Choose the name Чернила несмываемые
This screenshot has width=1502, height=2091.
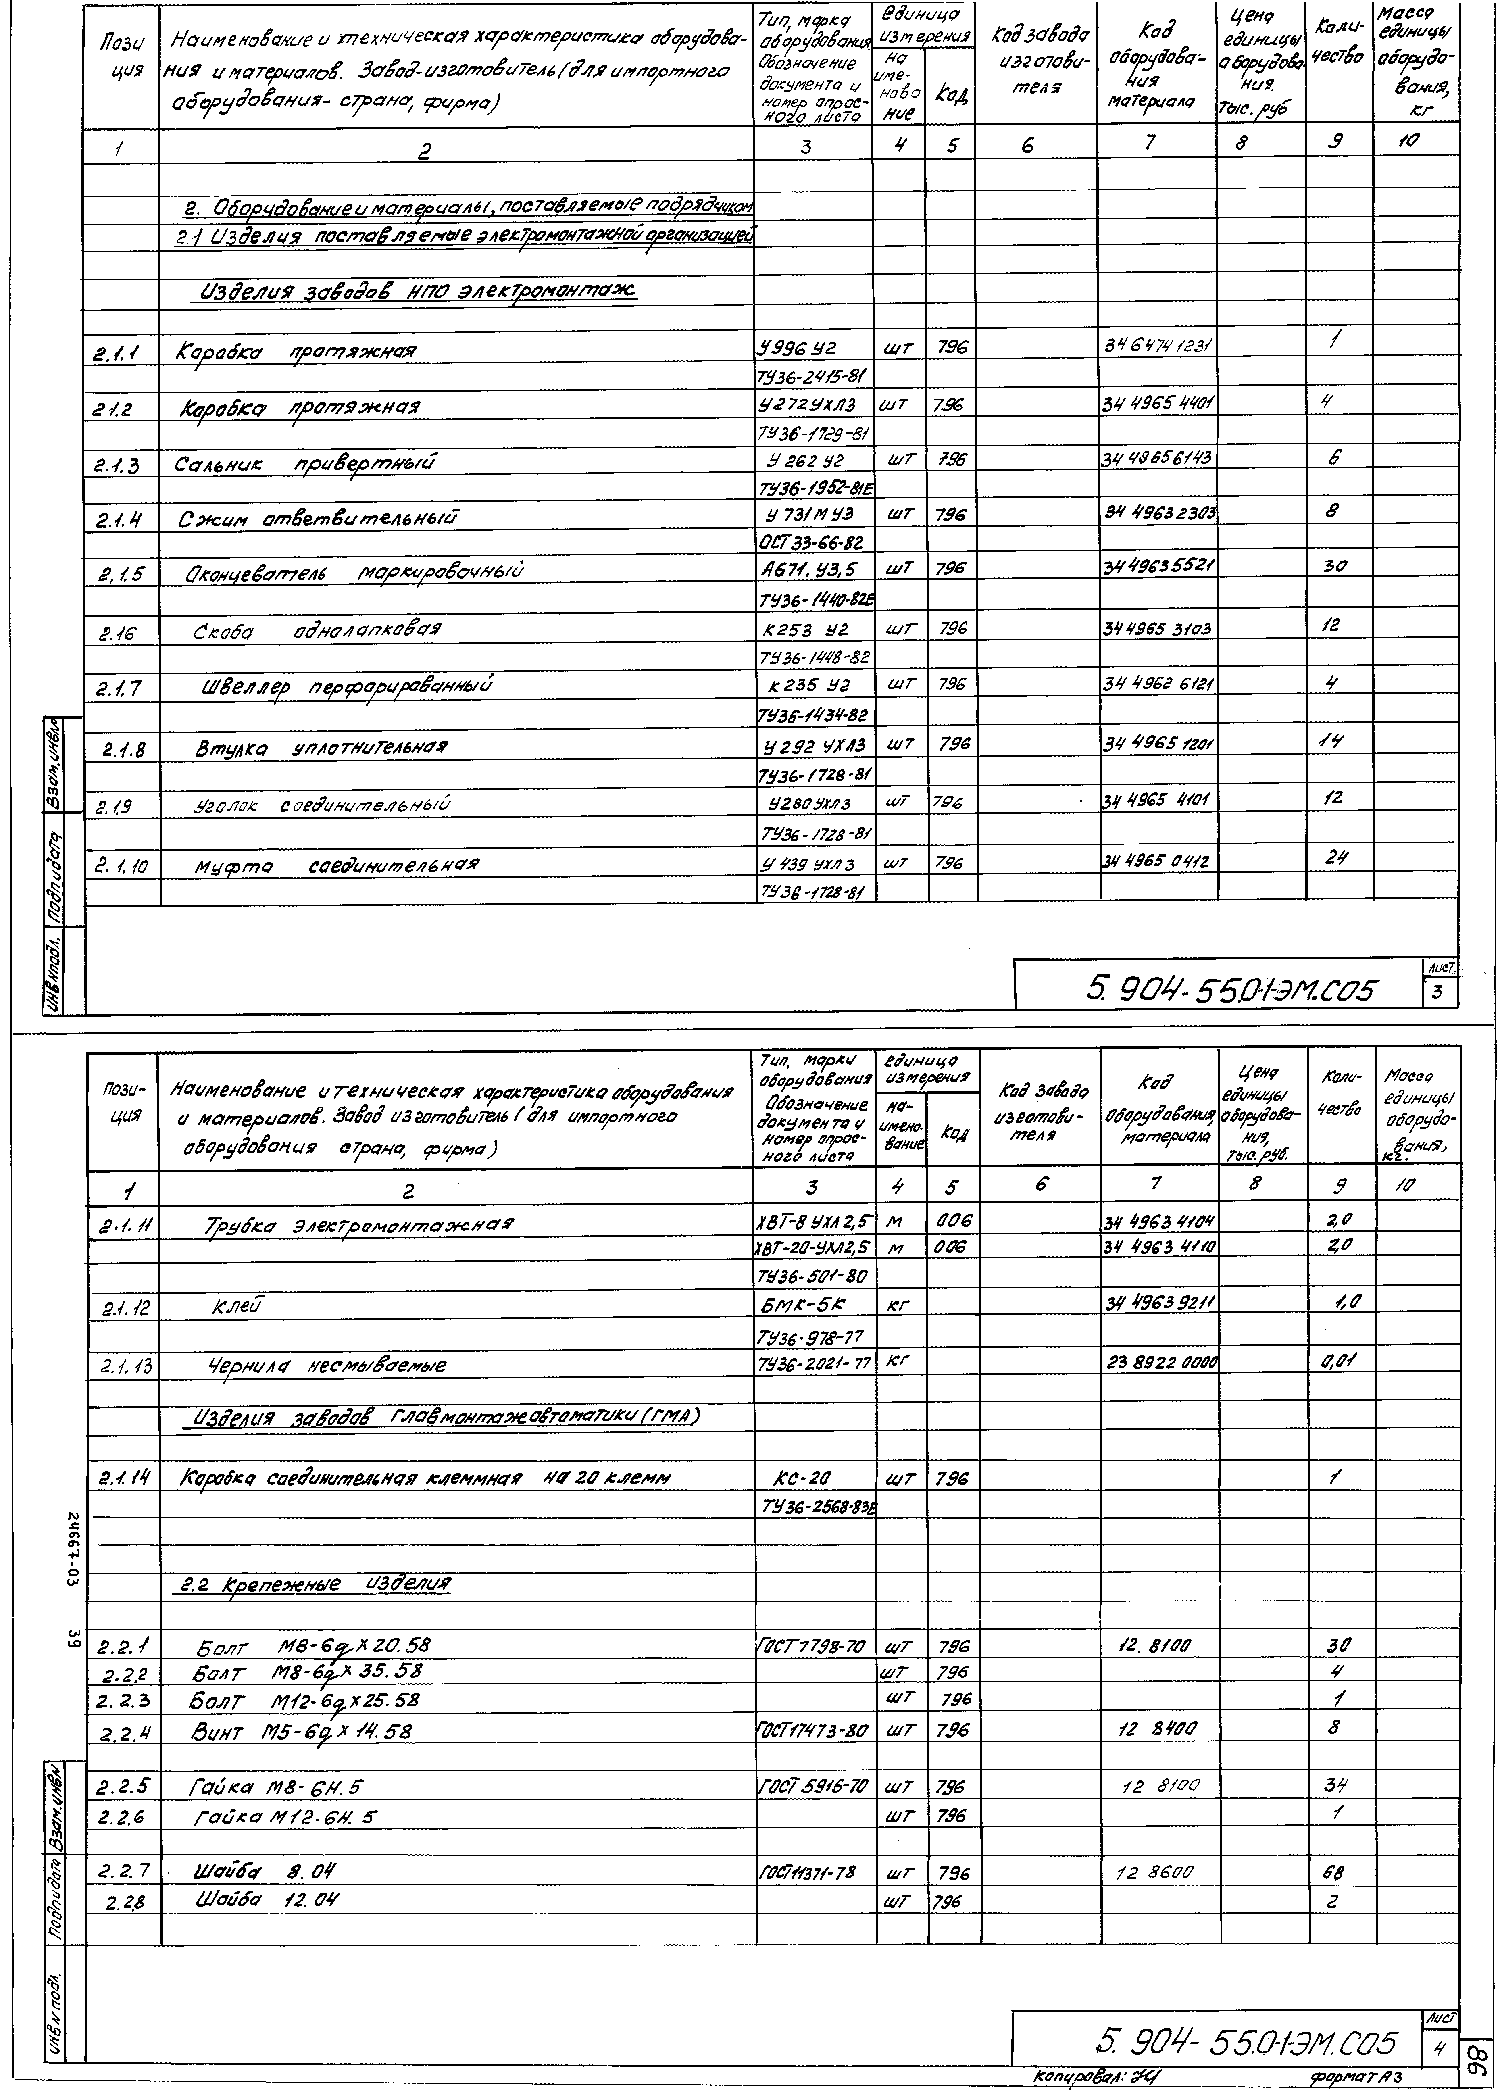(x=328, y=1365)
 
